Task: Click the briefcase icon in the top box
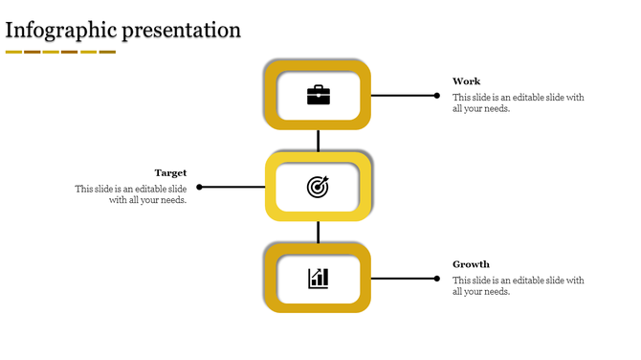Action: (x=318, y=95)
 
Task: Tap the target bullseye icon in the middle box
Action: (x=318, y=187)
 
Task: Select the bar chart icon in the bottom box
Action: (x=318, y=279)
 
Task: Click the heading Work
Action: (x=467, y=81)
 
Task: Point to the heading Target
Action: (x=170, y=173)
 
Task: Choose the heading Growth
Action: (x=471, y=264)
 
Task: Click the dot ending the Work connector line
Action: (x=437, y=96)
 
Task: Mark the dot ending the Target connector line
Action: (x=199, y=187)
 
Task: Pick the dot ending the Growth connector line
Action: (x=437, y=279)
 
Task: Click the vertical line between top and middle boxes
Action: (x=318, y=141)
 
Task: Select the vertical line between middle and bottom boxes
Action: (x=318, y=232)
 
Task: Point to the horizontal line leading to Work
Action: (x=403, y=96)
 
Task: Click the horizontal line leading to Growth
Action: (x=403, y=279)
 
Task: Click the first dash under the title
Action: (x=13, y=52)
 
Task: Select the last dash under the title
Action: (x=107, y=52)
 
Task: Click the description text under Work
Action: (x=518, y=103)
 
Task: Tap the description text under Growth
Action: (x=518, y=286)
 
